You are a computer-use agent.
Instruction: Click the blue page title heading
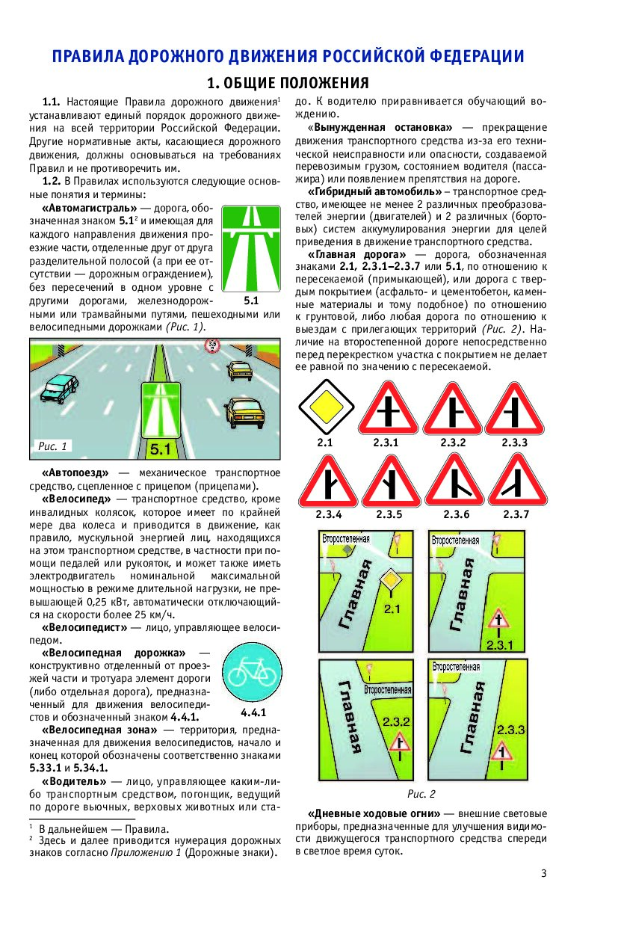click(288, 57)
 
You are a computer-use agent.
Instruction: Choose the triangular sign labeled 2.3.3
click(515, 407)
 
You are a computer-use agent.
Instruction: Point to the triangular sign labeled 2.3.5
click(389, 481)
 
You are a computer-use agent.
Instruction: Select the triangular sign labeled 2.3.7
click(516, 481)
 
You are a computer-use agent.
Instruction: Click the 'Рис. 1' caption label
click(52, 446)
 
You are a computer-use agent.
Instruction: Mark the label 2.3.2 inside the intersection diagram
click(396, 721)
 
